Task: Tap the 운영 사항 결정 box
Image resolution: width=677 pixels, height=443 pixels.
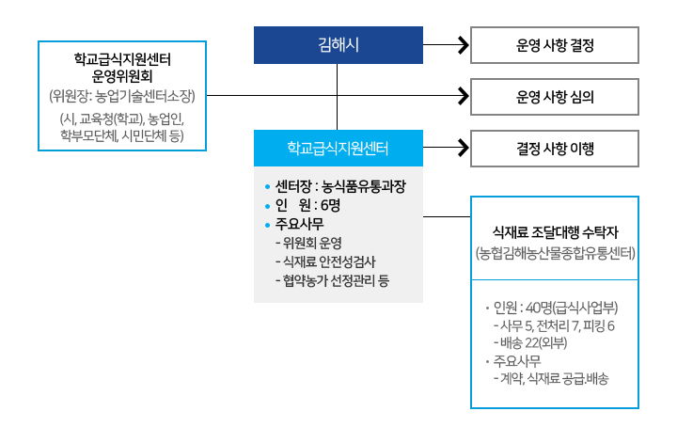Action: click(555, 44)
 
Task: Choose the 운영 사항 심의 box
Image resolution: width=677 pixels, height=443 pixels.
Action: click(555, 96)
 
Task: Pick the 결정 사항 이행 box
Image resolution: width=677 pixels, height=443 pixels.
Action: click(555, 148)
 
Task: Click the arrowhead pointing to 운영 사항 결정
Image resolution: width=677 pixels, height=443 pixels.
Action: click(462, 44)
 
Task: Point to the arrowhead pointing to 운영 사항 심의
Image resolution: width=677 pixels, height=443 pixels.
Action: click(462, 96)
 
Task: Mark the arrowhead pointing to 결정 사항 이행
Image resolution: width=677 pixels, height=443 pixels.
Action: click(462, 148)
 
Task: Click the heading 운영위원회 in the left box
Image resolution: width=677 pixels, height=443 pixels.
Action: click(121, 77)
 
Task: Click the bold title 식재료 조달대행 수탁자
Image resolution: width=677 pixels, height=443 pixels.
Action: click(555, 232)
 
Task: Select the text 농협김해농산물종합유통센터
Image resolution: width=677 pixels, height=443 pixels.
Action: click(555, 253)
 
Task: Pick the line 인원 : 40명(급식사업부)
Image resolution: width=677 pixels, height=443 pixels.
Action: click(555, 309)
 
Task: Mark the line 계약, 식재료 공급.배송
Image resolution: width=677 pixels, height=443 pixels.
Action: click(555, 378)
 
